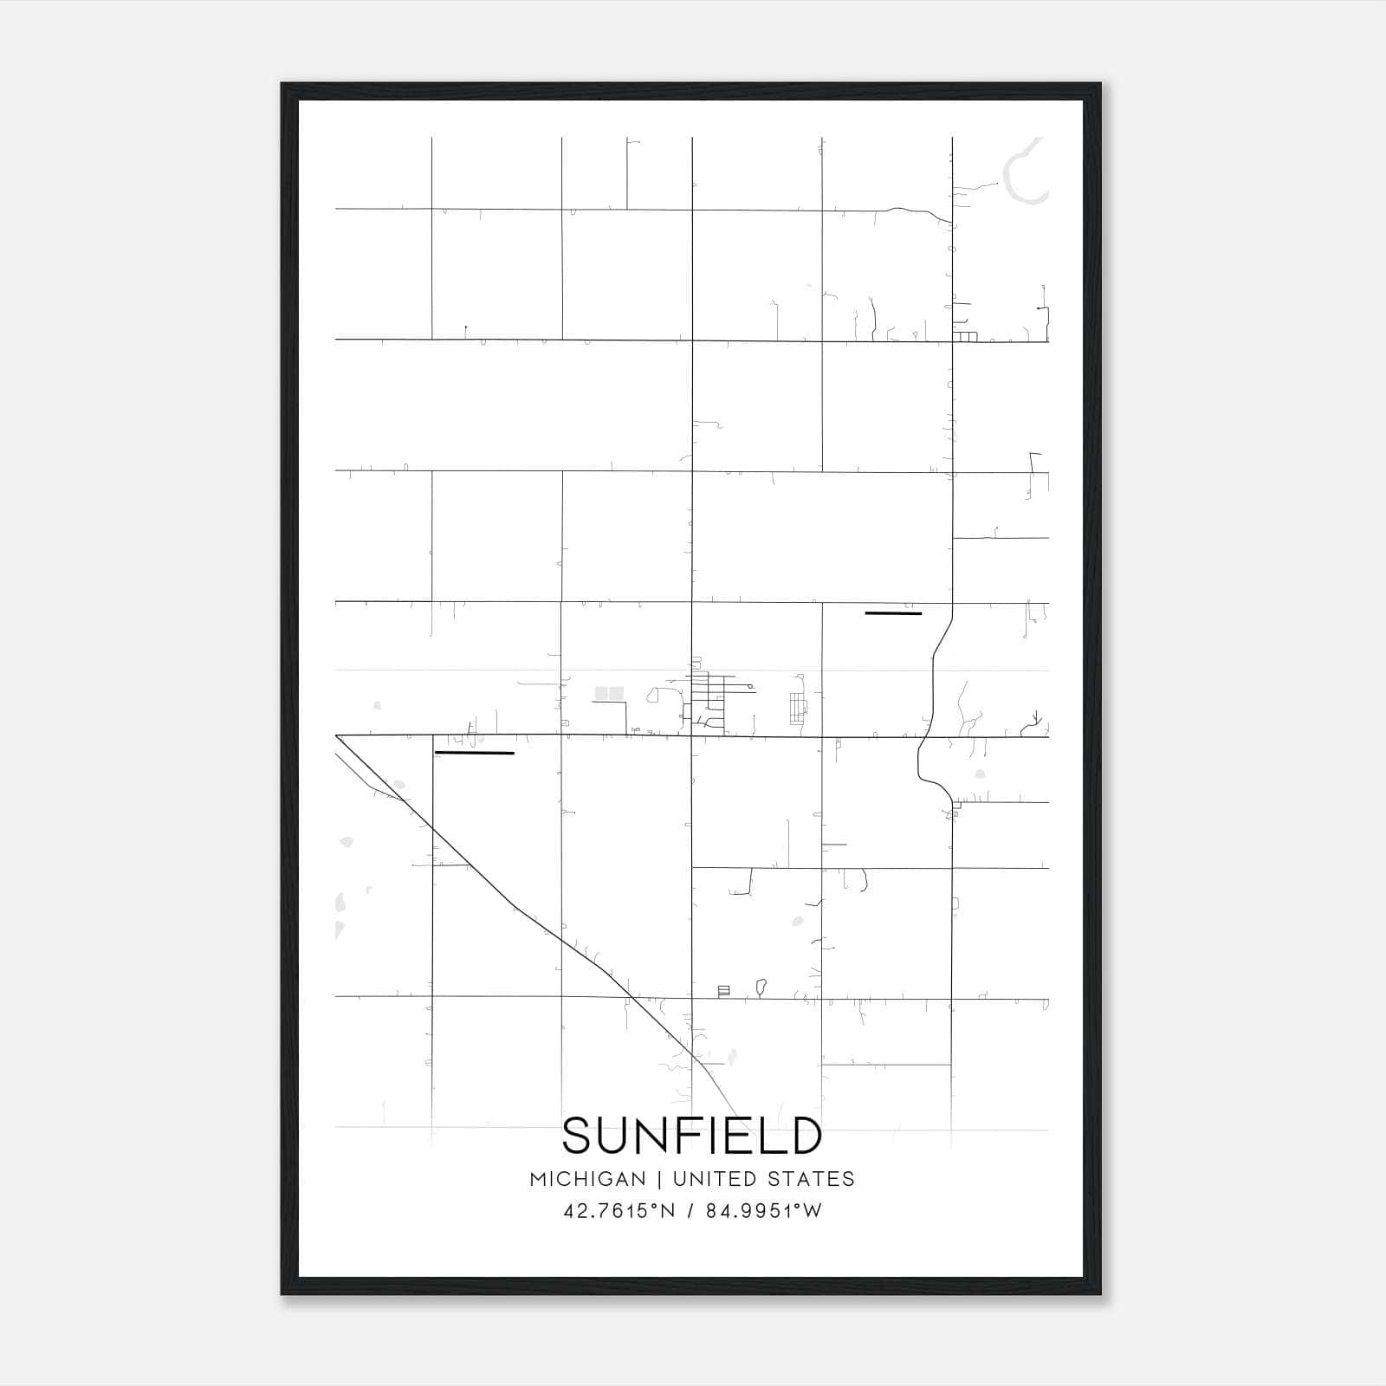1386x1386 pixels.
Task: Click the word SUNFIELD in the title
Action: [x=692, y=1137]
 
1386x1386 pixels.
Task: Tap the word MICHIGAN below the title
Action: [x=588, y=1179]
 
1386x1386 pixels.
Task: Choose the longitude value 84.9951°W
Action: [x=763, y=1211]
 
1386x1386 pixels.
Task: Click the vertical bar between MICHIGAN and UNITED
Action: [x=659, y=1179]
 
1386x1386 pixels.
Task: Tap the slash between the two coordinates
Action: [x=690, y=1211]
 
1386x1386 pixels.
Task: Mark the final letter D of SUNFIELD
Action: [x=806, y=1137]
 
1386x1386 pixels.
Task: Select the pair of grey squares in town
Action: [x=609, y=693]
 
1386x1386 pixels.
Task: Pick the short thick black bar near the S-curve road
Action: [x=893, y=613]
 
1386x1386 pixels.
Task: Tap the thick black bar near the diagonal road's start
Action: [x=474, y=753]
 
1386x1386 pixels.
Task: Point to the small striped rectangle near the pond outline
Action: [x=724, y=990]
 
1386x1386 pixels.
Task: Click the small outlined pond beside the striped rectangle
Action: [x=761, y=986]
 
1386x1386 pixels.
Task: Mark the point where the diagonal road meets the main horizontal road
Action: [x=337, y=736]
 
